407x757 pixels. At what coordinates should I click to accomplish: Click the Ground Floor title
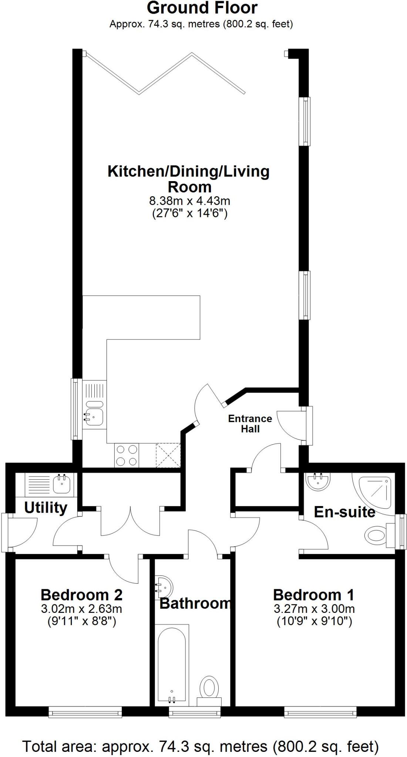pyautogui.click(x=202, y=8)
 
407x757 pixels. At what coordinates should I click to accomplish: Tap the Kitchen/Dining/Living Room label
pyautogui.click(x=189, y=179)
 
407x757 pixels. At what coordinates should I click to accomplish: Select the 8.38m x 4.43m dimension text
pyautogui.click(x=189, y=201)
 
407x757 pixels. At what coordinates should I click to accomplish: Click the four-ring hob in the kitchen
pyautogui.click(x=127, y=455)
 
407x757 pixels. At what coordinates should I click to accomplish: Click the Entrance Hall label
pyautogui.click(x=250, y=424)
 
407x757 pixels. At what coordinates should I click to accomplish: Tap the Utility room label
pyautogui.click(x=46, y=508)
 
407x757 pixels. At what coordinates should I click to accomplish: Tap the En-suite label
pyautogui.click(x=344, y=512)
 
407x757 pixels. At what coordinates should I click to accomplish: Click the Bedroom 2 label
pyautogui.click(x=81, y=595)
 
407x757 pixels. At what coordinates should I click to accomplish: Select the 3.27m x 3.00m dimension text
pyautogui.click(x=314, y=608)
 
